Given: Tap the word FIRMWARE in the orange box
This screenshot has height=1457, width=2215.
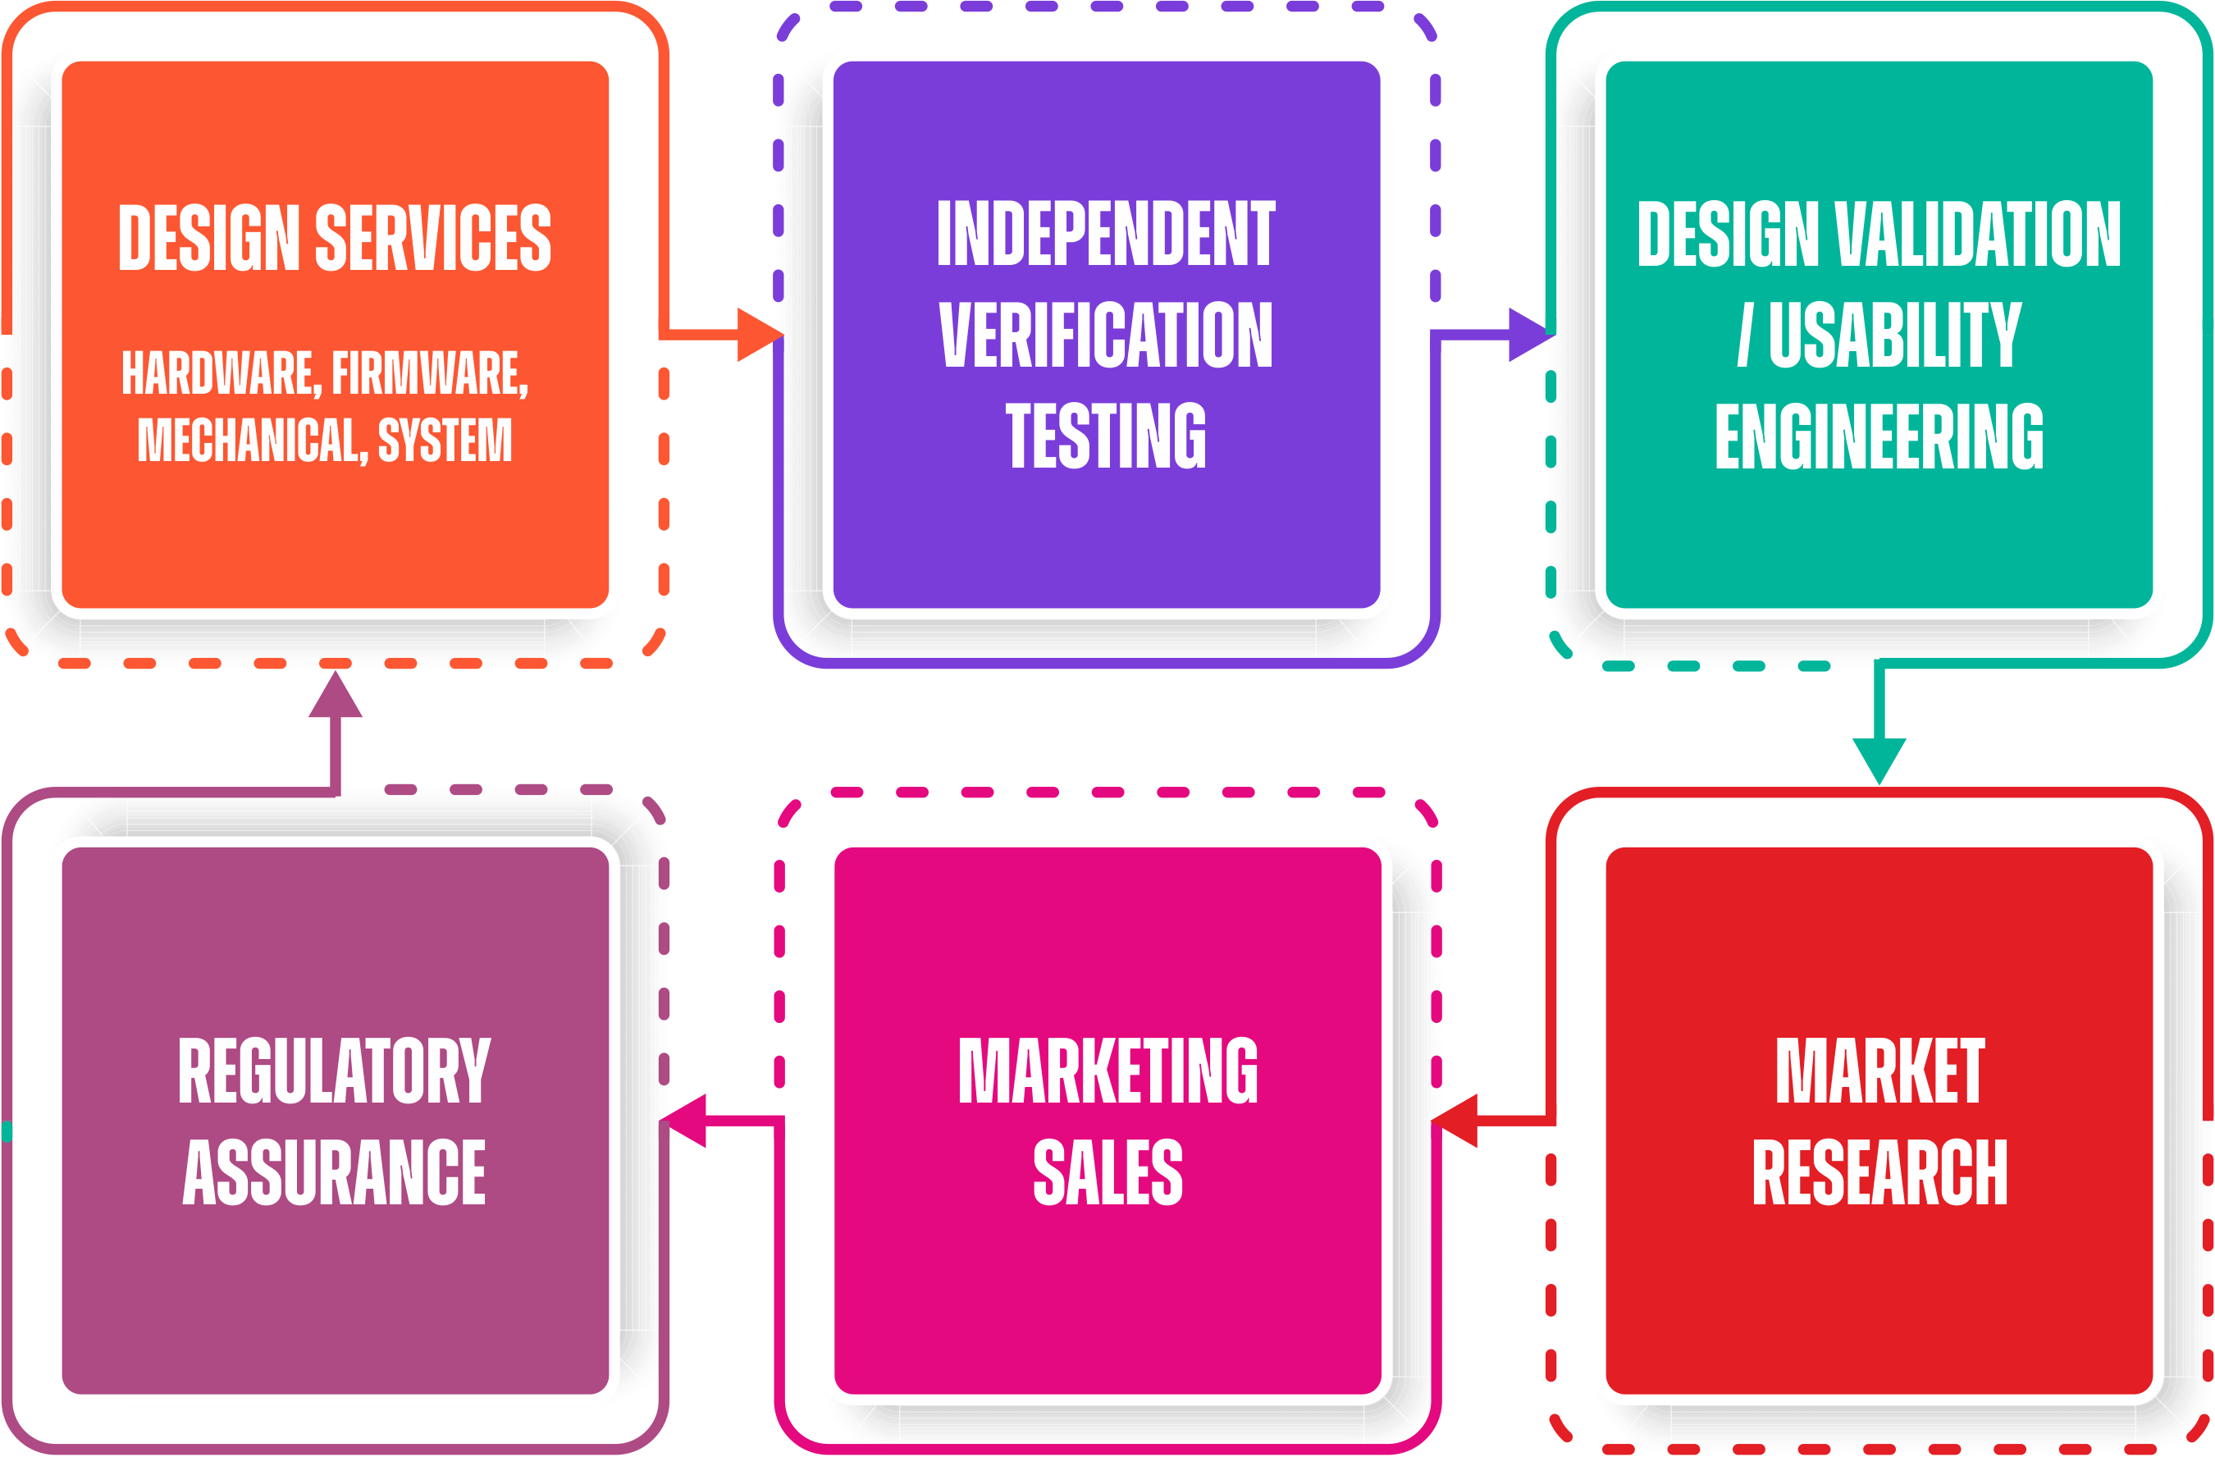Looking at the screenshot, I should pyautogui.click(x=429, y=373).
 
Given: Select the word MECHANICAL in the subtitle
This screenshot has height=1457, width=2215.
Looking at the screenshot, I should pyautogui.click(x=252, y=440).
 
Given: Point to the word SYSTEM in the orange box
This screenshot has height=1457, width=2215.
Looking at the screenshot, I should pyautogui.click(x=445, y=440).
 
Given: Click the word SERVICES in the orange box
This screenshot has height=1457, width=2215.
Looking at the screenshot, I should pyautogui.click(x=433, y=237).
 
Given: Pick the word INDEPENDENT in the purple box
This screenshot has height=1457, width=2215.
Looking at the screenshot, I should pyautogui.click(x=1106, y=234).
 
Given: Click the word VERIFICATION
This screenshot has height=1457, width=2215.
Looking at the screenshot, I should pyautogui.click(x=1106, y=334).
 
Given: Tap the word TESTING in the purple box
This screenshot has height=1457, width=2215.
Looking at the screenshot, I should pyautogui.click(x=1106, y=435).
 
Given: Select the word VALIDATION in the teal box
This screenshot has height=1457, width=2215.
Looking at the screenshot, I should pyautogui.click(x=1978, y=234).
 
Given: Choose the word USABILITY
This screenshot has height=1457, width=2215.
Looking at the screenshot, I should pyautogui.click(x=1895, y=334).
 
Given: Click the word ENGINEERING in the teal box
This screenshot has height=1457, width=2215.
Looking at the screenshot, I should pyautogui.click(x=1879, y=436).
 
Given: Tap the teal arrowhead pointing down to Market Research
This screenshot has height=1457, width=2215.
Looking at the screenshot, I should pyautogui.click(x=1879, y=758).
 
